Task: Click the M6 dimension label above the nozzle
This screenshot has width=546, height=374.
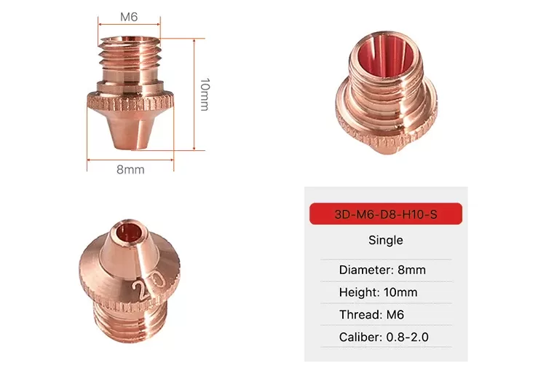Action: pyautogui.click(x=129, y=17)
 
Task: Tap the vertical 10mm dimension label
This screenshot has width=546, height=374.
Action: pyautogui.click(x=205, y=95)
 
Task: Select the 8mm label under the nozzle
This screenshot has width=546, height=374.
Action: pyautogui.click(x=130, y=169)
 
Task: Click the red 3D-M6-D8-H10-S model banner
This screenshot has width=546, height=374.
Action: pyautogui.click(x=386, y=214)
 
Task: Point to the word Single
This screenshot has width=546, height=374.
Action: pyautogui.click(x=386, y=240)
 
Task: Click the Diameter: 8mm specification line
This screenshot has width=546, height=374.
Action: pyautogui.click(x=382, y=270)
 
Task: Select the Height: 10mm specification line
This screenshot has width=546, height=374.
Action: pyautogui.click(x=378, y=292)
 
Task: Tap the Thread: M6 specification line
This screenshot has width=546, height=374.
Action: pyautogui.click(x=371, y=314)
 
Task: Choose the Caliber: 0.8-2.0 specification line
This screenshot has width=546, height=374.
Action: pyautogui.click(x=384, y=337)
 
